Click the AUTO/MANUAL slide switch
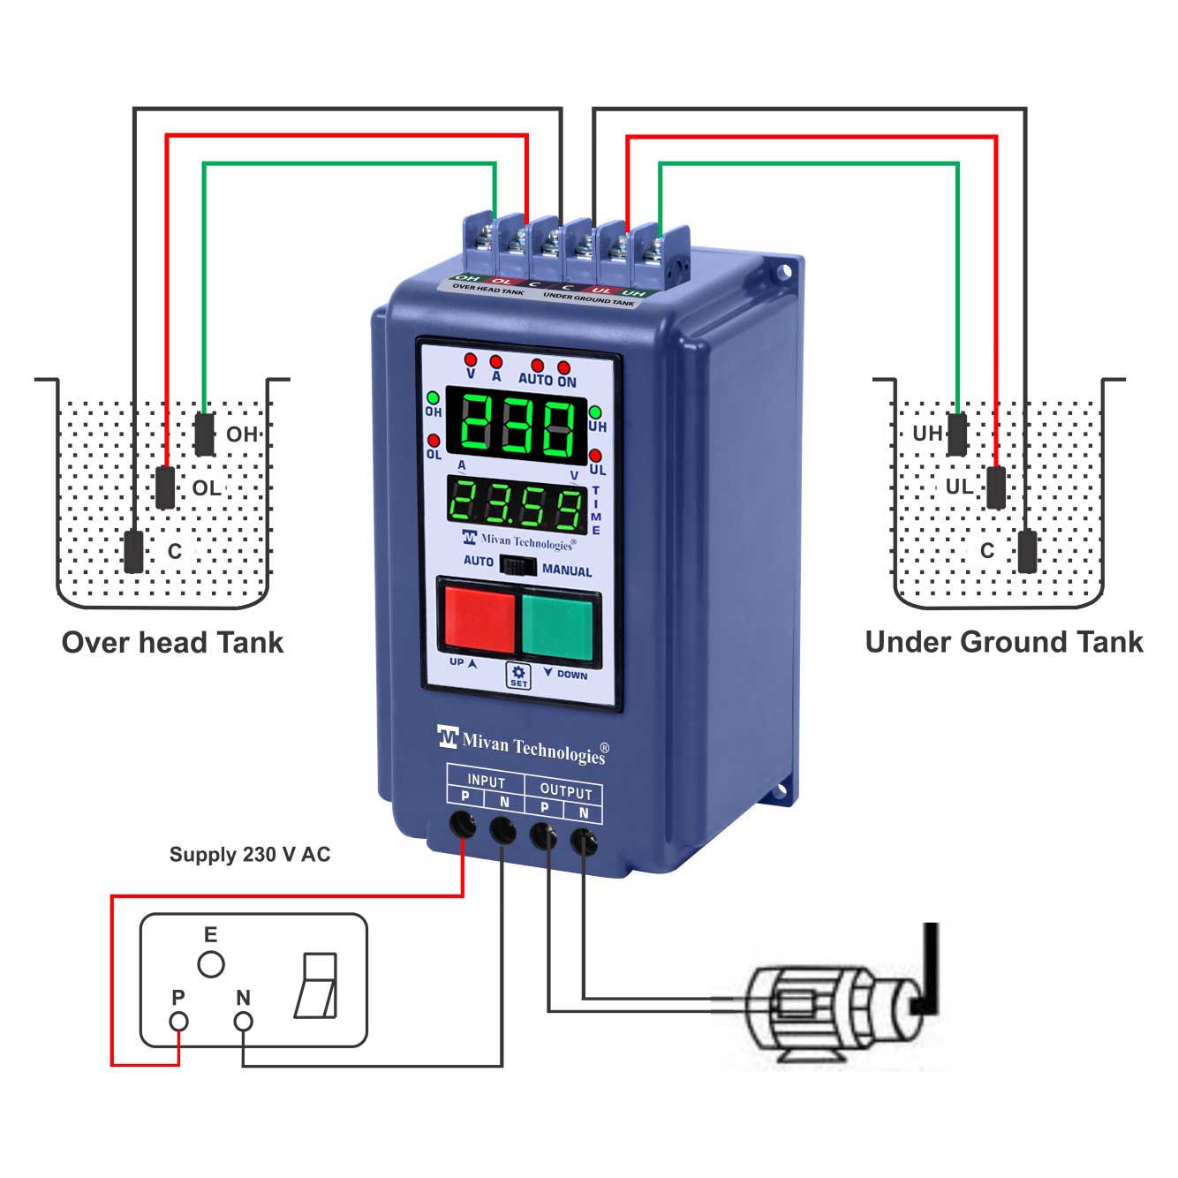(x=517, y=565)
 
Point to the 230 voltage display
(x=517, y=427)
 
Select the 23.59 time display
(x=517, y=504)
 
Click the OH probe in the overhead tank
(x=204, y=433)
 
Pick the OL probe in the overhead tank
(x=165, y=487)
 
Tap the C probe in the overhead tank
(x=133, y=551)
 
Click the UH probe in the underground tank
(x=957, y=433)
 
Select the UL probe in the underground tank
(x=996, y=487)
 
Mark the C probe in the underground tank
(x=1027, y=551)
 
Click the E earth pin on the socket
(x=210, y=964)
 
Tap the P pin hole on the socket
(x=179, y=1022)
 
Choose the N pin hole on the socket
(x=243, y=1022)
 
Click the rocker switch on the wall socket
(x=316, y=985)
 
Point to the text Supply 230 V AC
(x=250, y=855)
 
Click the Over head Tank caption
(x=173, y=642)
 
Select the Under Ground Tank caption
(x=1004, y=642)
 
